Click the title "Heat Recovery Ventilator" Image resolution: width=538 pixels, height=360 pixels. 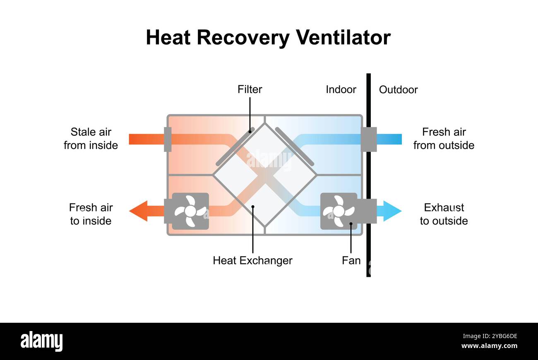coord(268,38)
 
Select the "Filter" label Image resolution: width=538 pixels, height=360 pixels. coord(250,89)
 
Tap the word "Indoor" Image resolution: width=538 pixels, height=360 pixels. coord(341,89)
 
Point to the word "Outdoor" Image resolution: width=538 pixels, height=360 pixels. coord(398,89)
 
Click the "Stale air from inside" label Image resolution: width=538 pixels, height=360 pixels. coord(91,139)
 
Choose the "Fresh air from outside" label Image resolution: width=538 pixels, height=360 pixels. coord(444,139)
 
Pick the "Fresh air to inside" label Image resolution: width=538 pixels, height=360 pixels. coord(91,214)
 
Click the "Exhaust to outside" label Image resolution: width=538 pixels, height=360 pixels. coord(444,214)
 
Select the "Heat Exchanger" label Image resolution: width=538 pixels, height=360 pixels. coord(252,260)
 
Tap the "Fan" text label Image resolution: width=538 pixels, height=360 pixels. coord(351,260)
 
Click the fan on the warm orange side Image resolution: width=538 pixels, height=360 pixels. coord(190,211)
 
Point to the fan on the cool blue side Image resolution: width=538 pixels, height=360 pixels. coord(339,211)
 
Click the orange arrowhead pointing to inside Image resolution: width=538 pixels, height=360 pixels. coord(138,211)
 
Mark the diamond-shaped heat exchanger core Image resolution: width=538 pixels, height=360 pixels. coord(264,175)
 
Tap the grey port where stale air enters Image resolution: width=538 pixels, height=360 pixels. coord(168,139)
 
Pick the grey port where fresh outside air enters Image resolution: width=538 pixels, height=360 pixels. coord(368,139)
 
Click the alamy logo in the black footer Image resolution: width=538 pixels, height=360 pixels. coord(41,342)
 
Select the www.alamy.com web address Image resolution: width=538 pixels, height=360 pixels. coord(489,346)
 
